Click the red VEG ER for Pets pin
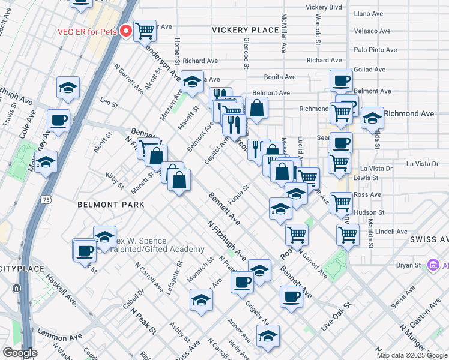coord(126,30)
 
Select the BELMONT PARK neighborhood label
coord(110,205)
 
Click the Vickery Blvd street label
coord(324,7)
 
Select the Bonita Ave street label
coord(280,77)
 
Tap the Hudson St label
coord(369,212)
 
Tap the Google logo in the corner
coord(20,353)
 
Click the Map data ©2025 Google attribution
coord(412,355)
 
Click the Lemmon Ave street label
coord(58,332)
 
